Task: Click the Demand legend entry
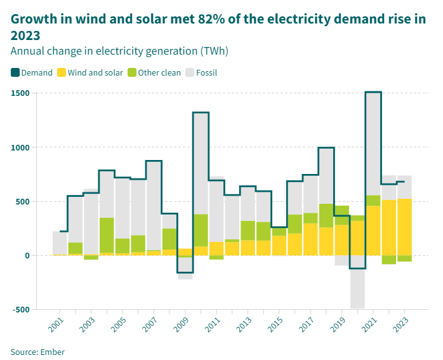tap(32, 72)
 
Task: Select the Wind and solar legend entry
tap(90, 72)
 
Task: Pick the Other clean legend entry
tap(154, 72)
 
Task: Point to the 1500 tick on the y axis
tap(20, 93)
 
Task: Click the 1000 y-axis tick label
tap(20, 147)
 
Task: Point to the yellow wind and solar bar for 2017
tap(310, 239)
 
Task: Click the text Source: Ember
tap(37, 351)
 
